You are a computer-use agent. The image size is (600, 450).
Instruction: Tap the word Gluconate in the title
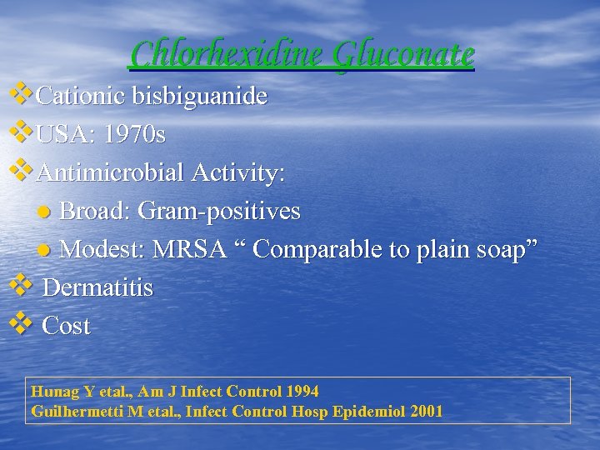[x=403, y=54]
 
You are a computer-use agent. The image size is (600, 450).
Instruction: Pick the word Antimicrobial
[x=112, y=173]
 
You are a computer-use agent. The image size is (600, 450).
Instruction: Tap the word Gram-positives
[x=218, y=212]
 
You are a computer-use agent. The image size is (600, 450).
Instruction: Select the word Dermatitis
[x=97, y=288]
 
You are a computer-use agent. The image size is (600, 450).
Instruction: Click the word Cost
[x=66, y=327]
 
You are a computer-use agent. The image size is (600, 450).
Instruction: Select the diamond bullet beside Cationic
[x=21, y=93]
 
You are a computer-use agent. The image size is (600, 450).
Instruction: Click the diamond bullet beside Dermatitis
[x=21, y=284]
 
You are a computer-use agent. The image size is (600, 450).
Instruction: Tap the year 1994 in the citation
[x=302, y=392]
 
